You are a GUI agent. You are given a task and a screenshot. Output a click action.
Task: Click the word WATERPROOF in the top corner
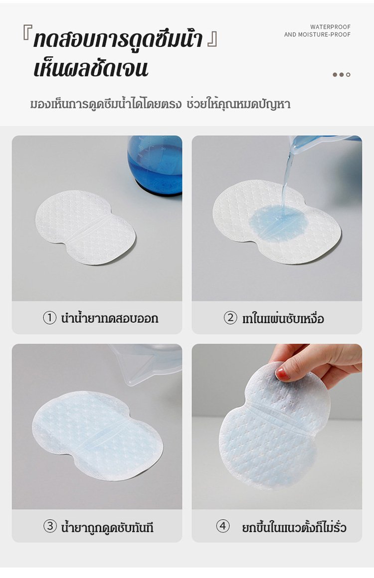[330, 27]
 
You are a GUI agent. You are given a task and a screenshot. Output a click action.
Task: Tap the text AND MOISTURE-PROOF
[317, 34]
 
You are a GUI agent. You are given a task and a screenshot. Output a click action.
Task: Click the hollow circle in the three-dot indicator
[348, 75]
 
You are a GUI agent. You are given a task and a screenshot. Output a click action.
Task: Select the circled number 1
[49, 318]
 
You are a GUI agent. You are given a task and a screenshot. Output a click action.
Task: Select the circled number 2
[230, 318]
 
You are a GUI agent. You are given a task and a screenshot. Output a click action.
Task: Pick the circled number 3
[50, 526]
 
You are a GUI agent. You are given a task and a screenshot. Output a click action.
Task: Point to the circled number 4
[222, 526]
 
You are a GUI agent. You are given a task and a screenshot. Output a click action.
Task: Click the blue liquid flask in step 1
[155, 165]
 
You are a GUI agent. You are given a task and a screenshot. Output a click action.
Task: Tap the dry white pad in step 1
[85, 227]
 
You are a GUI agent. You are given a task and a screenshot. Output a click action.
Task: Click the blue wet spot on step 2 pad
[278, 223]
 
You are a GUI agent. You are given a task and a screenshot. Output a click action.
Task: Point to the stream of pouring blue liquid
[286, 178]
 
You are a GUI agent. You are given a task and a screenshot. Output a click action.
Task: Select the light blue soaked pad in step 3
[97, 436]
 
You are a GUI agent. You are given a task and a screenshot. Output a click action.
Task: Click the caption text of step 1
[109, 318]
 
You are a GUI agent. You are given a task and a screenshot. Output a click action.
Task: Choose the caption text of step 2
[283, 318]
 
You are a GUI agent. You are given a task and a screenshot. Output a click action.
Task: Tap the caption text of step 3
[107, 527]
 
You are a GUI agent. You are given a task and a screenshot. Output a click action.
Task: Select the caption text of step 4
[294, 527]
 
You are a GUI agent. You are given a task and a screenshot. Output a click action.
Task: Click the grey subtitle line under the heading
[160, 104]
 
